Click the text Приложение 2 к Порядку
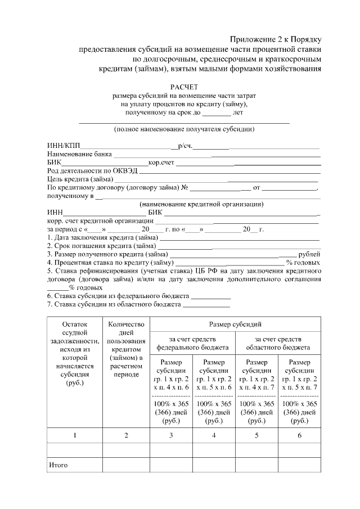[x=276, y=39]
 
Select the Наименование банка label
[x=80, y=154]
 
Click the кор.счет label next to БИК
[x=161, y=163]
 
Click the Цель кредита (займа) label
[x=80, y=179]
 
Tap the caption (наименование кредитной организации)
[x=202, y=204]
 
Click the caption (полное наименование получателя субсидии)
[x=184, y=129]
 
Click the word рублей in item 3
[x=309, y=254]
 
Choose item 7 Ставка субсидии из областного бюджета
[x=114, y=304]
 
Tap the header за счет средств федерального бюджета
[x=192, y=343]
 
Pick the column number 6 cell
[x=299, y=435]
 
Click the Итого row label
[x=58, y=465]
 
